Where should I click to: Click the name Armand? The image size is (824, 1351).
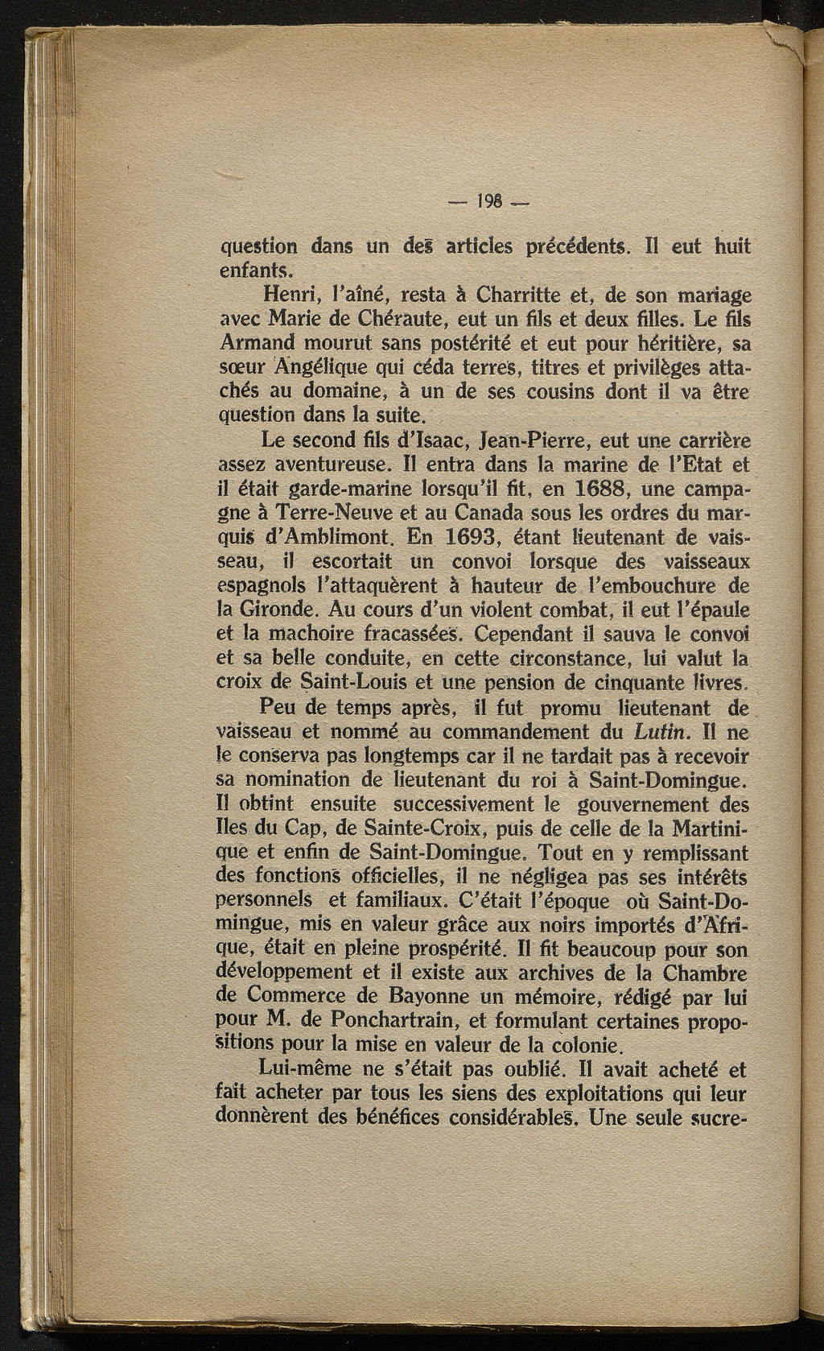point(253,343)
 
